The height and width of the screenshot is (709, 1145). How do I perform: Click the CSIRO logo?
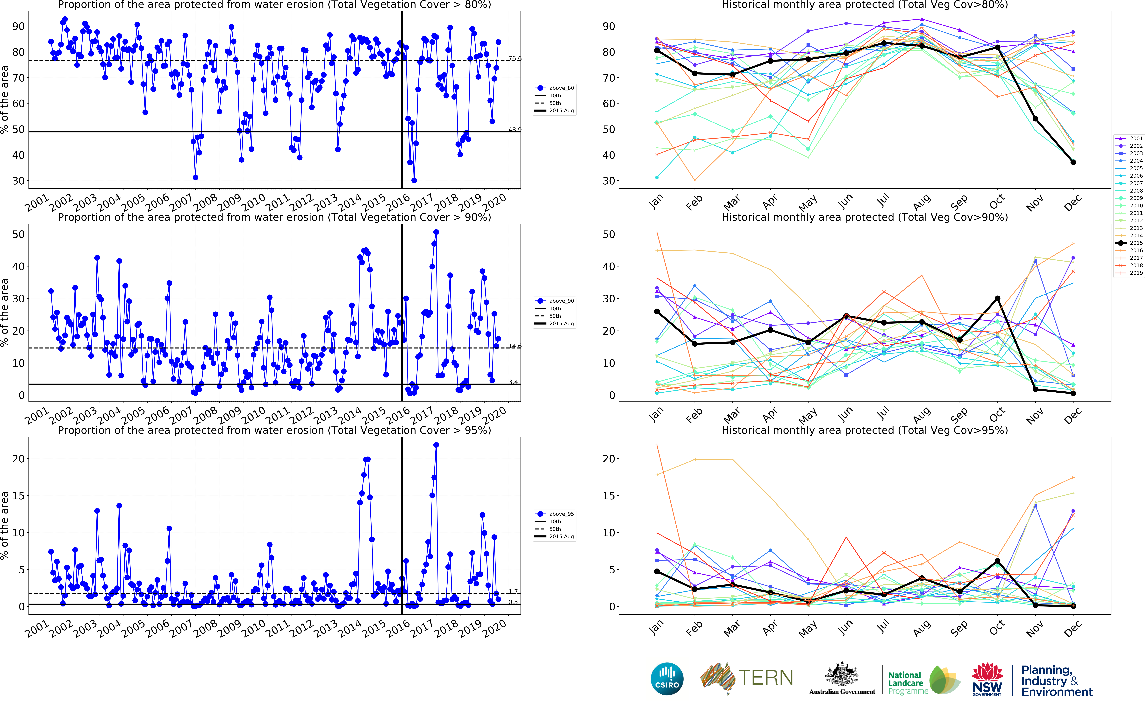point(667,679)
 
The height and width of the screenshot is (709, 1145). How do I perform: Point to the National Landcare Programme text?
point(908,683)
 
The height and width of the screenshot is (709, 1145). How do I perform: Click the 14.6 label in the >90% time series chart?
point(515,346)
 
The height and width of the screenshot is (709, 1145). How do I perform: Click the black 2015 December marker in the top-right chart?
point(1073,162)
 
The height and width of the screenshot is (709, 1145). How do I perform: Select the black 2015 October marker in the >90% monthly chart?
point(998,298)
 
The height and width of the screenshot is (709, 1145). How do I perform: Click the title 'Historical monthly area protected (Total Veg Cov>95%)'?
point(865,430)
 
